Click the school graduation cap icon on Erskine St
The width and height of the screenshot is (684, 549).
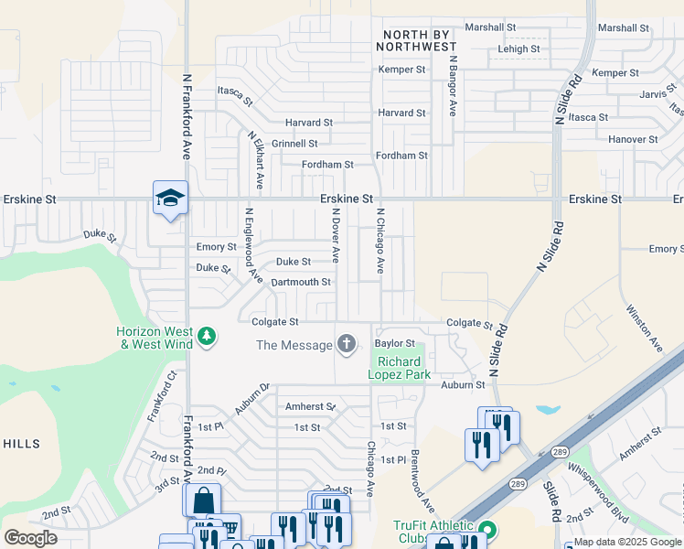(x=170, y=198)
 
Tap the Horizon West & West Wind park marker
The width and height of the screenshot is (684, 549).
(x=208, y=337)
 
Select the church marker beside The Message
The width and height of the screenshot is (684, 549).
(x=347, y=344)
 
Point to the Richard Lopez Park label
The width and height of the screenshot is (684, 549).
(x=394, y=368)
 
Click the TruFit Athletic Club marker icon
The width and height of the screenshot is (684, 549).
(x=487, y=530)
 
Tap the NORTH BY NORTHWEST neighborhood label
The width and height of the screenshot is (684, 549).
(x=416, y=39)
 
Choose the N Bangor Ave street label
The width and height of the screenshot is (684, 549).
(x=452, y=84)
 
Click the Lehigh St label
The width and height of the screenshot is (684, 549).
(x=518, y=48)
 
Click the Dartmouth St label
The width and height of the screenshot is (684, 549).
(x=301, y=282)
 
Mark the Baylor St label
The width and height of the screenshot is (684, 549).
(x=394, y=343)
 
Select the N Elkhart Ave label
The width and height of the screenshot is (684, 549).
(x=255, y=160)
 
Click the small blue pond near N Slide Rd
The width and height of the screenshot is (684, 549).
(x=549, y=410)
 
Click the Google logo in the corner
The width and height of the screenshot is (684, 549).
(x=30, y=538)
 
